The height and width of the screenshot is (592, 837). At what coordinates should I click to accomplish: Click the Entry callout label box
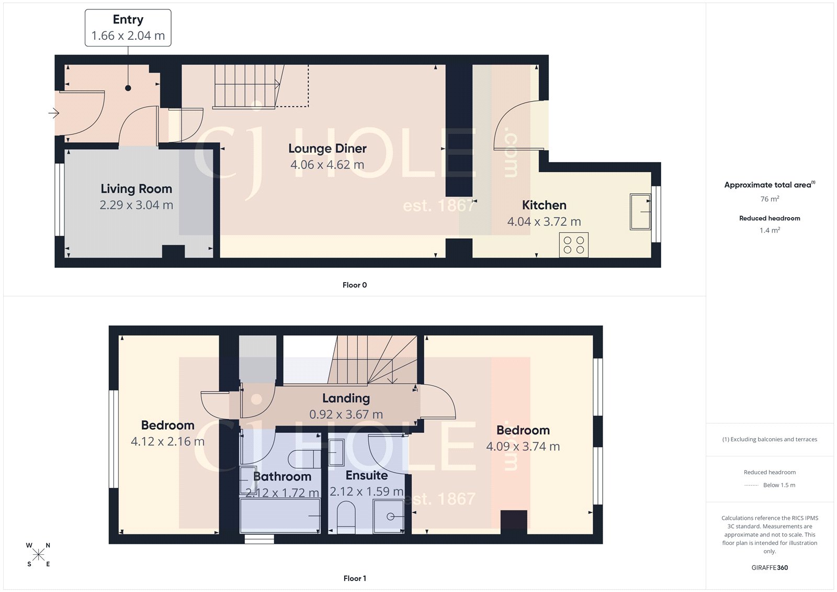pyautogui.click(x=128, y=28)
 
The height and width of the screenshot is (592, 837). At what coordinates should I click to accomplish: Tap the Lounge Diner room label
pyautogui.click(x=327, y=149)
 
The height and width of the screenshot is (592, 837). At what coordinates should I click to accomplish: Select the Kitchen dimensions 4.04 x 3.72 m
pyautogui.click(x=544, y=222)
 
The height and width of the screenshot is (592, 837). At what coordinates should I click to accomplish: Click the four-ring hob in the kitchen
pyautogui.click(x=573, y=245)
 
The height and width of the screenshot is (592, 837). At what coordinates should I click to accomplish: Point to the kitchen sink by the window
pyautogui.click(x=640, y=212)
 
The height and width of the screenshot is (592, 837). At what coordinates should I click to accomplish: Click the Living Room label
pyautogui.click(x=136, y=189)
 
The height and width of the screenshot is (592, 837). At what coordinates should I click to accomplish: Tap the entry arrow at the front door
pyautogui.click(x=54, y=113)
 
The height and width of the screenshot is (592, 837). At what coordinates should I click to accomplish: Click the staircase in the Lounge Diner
pyautogui.click(x=246, y=86)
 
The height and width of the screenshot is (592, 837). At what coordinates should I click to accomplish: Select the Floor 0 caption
pyautogui.click(x=354, y=285)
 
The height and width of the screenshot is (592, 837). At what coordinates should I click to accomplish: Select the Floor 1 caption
pyautogui.click(x=354, y=578)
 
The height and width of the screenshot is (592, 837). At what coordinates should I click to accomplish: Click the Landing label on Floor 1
pyautogui.click(x=346, y=398)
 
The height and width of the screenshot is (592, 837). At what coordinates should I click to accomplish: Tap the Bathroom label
pyautogui.click(x=282, y=477)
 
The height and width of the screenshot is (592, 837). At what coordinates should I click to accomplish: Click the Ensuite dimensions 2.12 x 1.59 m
pyautogui.click(x=366, y=492)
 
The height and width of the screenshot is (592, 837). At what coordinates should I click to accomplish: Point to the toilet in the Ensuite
pyautogui.click(x=346, y=516)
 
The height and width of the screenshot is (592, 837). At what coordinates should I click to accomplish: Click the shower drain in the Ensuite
pyautogui.click(x=390, y=517)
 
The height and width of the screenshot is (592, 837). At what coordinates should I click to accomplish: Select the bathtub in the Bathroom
pyautogui.click(x=280, y=516)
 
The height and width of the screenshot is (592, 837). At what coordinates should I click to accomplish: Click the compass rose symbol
pyautogui.click(x=38, y=555)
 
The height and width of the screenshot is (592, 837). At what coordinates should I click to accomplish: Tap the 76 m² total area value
pyautogui.click(x=770, y=199)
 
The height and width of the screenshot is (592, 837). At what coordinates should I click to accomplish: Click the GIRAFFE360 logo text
pyautogui.click(x=770, y=567)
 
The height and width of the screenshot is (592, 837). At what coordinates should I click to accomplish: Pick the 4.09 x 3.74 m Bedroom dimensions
pyautogui.click(x=523, y=447)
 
